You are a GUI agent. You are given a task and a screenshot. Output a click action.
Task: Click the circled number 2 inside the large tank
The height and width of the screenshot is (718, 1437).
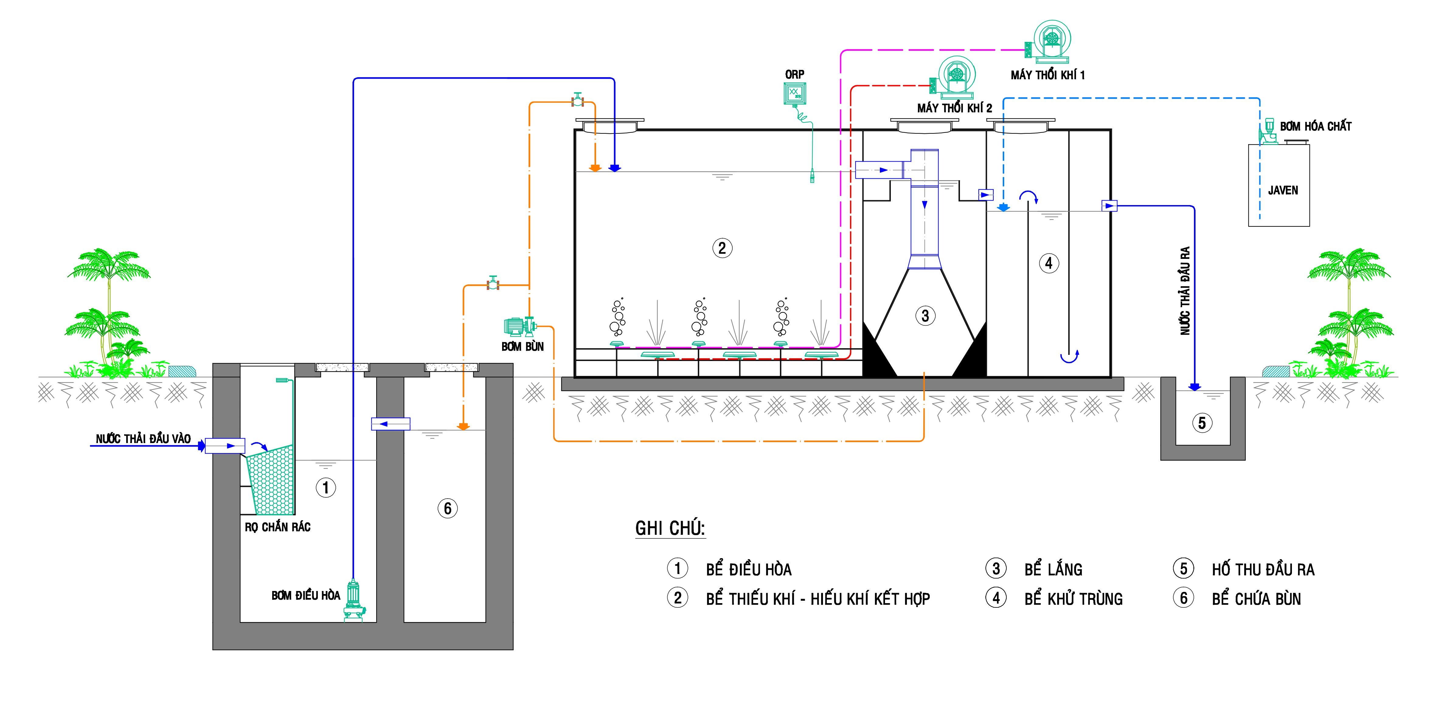[722, 248]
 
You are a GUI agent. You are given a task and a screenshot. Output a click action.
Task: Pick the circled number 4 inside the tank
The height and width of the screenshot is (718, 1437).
[1048, 263]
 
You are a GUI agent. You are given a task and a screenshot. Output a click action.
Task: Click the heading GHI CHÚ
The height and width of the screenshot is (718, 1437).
[670, 528]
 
